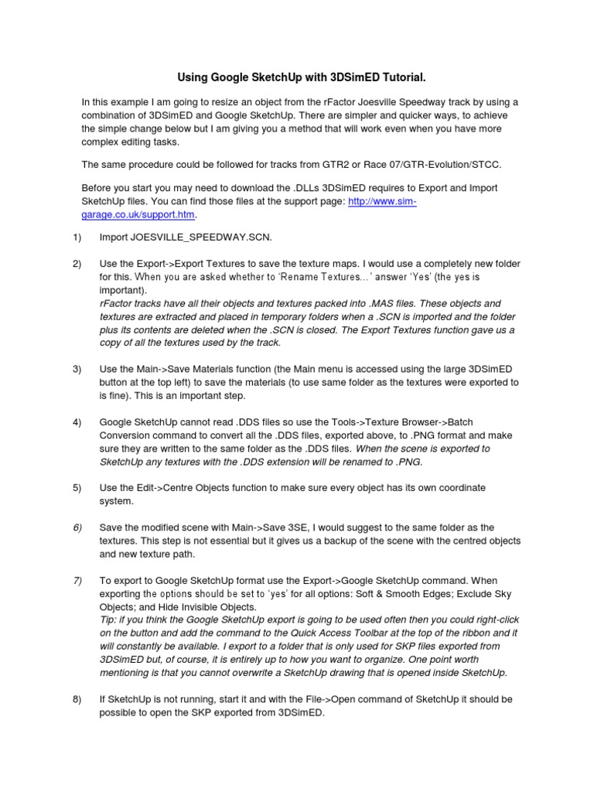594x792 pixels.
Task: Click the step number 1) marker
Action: click(x=76, y=237)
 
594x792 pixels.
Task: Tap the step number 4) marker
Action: click(x=76, y=422)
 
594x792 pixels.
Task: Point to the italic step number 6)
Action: click(x=77, y=527)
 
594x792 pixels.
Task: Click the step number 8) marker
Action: click(x=76, y=699)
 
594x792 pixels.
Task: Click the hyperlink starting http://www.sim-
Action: click(x=384, y=201)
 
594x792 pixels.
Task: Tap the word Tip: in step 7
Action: click(x=111, y=620)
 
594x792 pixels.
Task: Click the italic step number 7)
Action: click(x=77, y=580)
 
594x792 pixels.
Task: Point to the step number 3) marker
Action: click(x=76, y=369)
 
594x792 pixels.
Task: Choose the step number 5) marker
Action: click(x=76, y=487)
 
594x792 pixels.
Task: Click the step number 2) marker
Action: click(x=76, y=264)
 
